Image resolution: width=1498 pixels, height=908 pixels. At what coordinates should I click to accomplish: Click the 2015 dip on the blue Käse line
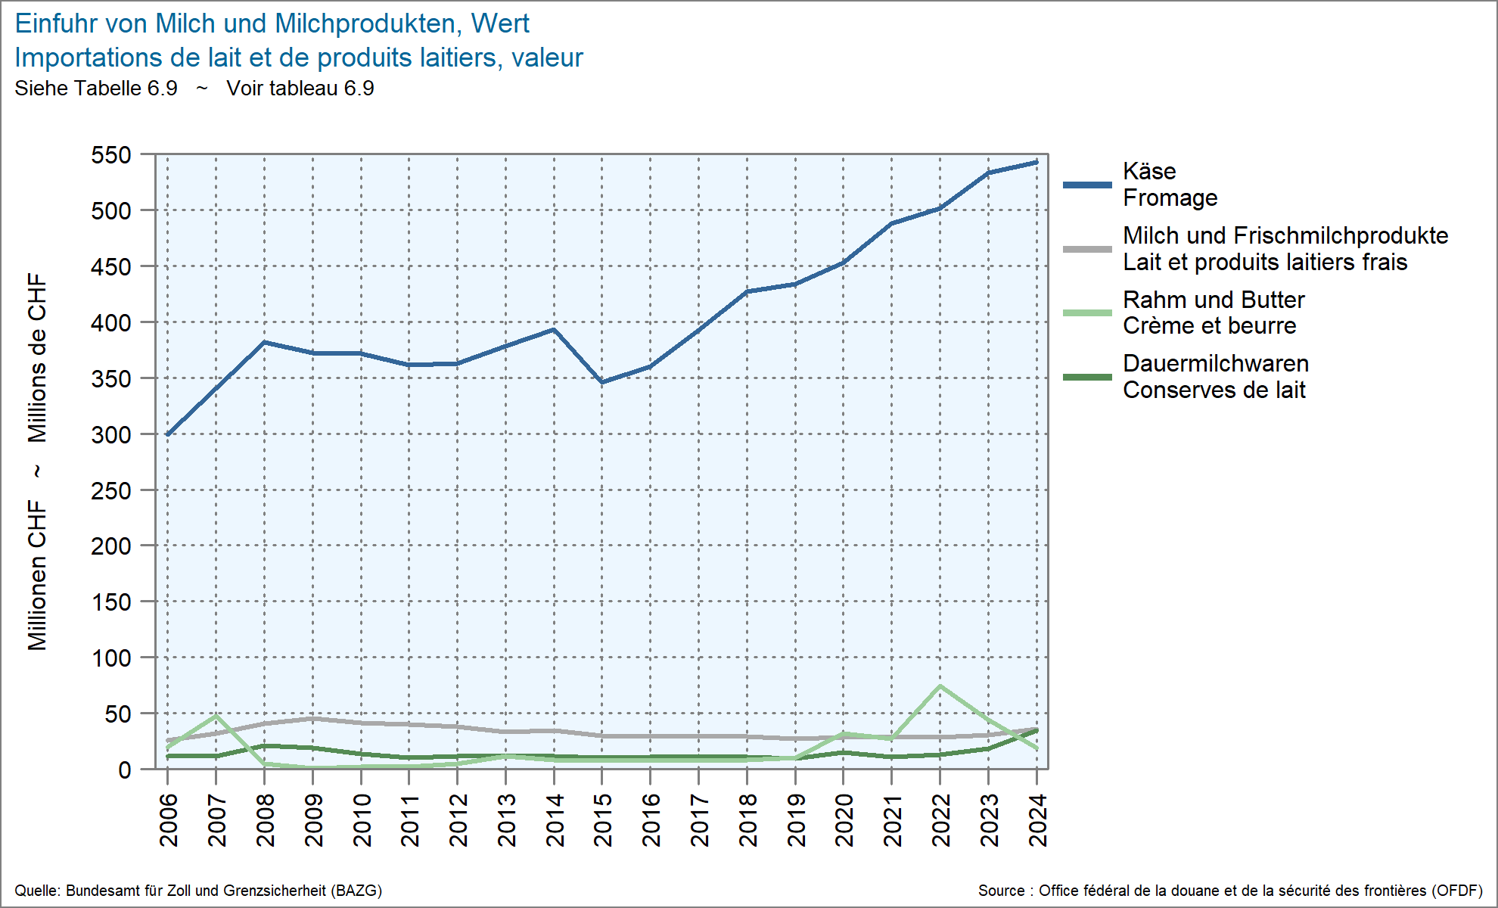(x=602, y=382)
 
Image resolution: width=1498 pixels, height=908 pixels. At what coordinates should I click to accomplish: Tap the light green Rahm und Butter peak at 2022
(x=940, y=686)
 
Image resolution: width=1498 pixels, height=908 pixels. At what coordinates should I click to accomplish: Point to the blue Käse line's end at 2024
(x=1036, y=162)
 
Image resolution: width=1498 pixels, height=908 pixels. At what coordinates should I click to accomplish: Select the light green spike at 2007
(x=216, y=715)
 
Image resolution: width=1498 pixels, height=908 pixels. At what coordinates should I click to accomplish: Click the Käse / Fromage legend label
(x=1170, y=185)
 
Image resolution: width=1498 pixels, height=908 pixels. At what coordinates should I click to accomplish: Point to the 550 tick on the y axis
(x=111, y=155)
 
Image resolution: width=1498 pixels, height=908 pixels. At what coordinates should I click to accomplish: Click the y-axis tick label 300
(x=111, y=435)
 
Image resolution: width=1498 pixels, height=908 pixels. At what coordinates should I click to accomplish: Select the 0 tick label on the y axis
(x=124, y=770)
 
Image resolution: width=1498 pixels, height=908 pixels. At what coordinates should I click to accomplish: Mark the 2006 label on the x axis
(x=168, y=820)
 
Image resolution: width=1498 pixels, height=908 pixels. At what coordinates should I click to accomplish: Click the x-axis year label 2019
(x=795, y=820)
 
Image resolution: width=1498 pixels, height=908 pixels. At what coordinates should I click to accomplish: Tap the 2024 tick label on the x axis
(x=1037, y=820)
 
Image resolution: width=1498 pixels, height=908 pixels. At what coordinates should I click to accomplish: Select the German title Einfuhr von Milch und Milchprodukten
(x=272, y=23)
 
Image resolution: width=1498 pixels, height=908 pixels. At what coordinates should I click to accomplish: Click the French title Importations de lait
(x=299, y=58)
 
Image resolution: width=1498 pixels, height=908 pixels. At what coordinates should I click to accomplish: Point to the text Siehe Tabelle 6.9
(x=96, y=89)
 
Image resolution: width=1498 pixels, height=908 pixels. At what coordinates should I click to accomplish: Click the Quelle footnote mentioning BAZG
(x=198, y=891)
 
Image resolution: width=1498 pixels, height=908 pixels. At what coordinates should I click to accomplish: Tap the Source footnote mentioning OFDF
(x=1230, y=891)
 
